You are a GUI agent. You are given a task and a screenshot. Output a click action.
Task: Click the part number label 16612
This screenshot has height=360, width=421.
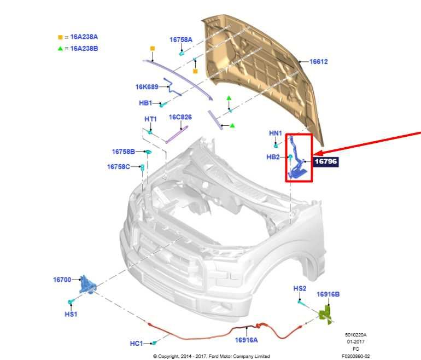(x=318, y=61)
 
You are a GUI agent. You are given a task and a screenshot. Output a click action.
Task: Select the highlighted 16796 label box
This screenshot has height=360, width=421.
(x=326, y=161)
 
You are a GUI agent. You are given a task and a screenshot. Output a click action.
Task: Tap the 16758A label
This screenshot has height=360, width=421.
(x=181, y=40)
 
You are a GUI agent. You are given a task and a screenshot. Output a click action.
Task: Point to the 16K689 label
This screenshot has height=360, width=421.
(x=147, y=87)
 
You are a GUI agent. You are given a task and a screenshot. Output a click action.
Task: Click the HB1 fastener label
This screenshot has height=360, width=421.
(x=145, y=103)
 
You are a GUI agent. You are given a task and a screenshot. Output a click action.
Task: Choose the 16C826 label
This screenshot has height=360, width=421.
(x=180, y=117)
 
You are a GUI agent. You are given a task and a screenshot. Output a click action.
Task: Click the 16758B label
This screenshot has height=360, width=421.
(x=124, y=152)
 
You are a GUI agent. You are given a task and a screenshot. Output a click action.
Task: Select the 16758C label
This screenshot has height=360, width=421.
(x=119, y=166)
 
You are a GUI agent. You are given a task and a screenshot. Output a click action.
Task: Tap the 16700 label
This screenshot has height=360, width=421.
(x=62, y=280)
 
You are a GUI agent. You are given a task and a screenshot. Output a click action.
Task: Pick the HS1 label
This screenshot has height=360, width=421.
(x=71, y=314)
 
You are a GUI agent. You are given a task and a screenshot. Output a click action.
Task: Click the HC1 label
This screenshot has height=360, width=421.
(x=136, y=344)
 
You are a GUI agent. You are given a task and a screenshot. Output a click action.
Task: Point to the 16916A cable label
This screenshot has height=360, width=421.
(x=246, y=340)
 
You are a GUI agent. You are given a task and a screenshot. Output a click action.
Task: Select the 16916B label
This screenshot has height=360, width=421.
(x=328, y=294)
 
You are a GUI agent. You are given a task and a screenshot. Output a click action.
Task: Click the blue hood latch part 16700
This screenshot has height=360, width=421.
(x=87, y=285)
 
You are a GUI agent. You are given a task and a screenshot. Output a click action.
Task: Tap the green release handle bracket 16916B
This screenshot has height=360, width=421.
(x=326, y=315)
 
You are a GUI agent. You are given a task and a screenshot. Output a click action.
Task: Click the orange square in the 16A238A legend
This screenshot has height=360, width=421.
(x=60, y=37)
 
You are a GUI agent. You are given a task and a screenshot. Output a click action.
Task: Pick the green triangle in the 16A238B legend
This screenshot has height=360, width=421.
(x=60, y=49)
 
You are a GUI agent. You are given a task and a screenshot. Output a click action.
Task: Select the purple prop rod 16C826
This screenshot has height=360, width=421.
(x=177, y=135)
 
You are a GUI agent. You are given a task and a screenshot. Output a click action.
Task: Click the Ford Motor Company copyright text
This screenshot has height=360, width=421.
(x=211, y=356)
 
